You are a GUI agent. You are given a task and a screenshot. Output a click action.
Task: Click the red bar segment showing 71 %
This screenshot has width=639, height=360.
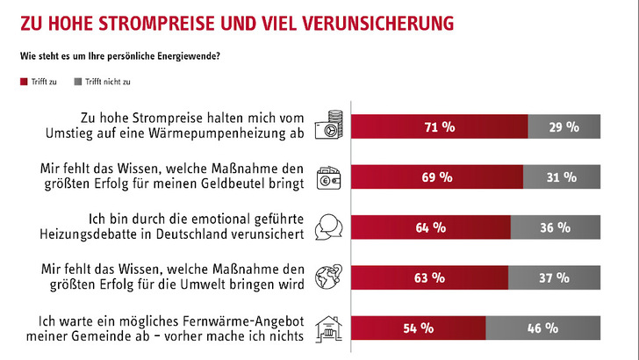[439, 126]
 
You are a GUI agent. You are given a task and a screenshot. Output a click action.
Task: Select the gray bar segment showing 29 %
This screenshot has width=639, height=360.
[564, 126]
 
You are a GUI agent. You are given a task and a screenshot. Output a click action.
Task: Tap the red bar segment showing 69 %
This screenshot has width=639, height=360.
[436, 176]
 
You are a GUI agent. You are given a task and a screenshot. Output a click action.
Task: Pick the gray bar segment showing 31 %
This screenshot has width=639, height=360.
[562, 176]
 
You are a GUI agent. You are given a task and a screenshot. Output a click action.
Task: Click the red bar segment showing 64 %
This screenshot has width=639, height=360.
[430, 227]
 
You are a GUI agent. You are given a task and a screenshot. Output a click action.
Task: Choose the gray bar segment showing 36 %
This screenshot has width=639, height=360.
[556, 227]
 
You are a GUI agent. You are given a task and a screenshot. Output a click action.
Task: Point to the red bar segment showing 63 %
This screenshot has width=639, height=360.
[429, 277]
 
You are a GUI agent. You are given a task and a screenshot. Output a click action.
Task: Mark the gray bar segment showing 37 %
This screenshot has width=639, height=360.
[554, 277]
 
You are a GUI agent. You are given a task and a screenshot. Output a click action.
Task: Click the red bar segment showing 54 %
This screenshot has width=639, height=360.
[418, 328]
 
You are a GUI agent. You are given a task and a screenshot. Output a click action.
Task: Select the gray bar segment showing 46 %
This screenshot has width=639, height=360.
[543, 328]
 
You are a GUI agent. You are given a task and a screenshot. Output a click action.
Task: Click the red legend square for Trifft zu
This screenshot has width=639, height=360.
[23, 82]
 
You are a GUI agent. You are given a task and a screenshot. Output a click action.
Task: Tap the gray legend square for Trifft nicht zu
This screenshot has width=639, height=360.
[78, 82]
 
